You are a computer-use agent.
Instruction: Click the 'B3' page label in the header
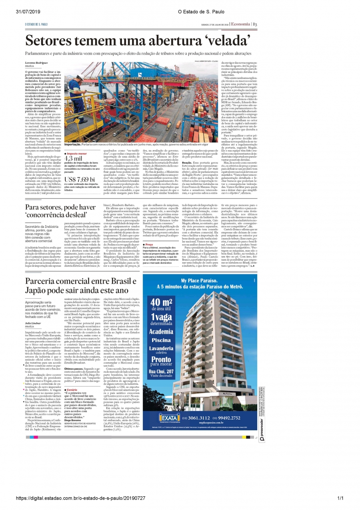tap(254, 24)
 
